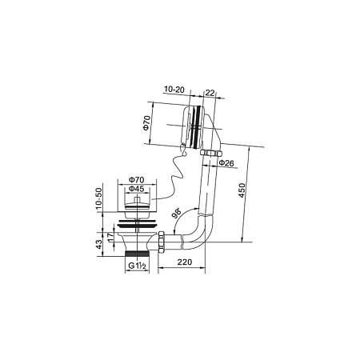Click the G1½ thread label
pos(137,263)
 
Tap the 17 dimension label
pos(110,238)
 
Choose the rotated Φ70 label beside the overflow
pos(147,123)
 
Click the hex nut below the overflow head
pos(210,151)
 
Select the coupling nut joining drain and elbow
pos(163,238)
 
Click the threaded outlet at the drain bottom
pos(137,253)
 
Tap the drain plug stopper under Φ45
pos(136,209)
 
